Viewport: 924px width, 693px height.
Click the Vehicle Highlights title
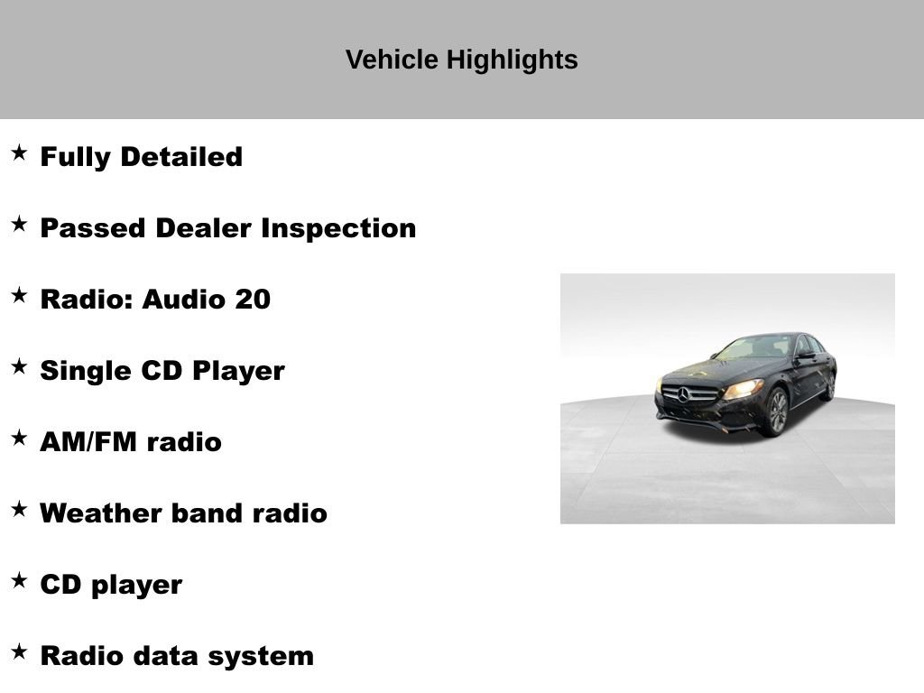tap(461, 60)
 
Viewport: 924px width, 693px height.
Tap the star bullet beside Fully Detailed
tap(19, 153)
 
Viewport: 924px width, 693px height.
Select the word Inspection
tap(338, 228)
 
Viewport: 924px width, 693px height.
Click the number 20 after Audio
tap(253, 300)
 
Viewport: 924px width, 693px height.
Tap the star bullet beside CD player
tap(19, 581)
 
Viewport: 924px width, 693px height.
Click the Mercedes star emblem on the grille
tap(684, 393)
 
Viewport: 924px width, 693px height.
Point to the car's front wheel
tap(776, 411)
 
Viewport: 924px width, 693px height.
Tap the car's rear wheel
tap(828, 385)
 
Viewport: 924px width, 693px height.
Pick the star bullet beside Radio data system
tap(19, 652)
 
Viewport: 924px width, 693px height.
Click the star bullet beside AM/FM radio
tap(19, 439)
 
